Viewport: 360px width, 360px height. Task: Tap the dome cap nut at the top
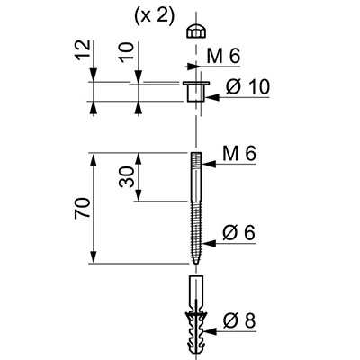click(x=196, y=31)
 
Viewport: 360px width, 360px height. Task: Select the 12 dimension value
click(x=83, y=49)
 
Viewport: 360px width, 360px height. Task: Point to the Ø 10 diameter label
click(x=247, y=87)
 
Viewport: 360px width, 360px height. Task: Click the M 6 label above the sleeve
click(x=223, y=56)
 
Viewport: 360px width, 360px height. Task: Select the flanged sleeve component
click(x=196, y=91)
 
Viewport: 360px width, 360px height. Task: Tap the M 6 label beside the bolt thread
click(x=239, y=154)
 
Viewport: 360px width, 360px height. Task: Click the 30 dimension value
click(x=126, y=176)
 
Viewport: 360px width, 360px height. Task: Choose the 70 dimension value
click(x=83, y=208)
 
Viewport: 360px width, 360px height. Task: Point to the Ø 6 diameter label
click(x=239, y=232)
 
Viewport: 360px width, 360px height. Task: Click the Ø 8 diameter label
click(x=239, y=320)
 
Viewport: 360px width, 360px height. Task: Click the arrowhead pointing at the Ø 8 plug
click(x=210, y=331)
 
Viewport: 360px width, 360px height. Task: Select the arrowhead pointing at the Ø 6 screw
click(x=209, y=243)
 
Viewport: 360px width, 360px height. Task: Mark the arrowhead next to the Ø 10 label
click(x=212, y=97)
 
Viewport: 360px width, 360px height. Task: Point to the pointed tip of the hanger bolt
click(x=196, y=264)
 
